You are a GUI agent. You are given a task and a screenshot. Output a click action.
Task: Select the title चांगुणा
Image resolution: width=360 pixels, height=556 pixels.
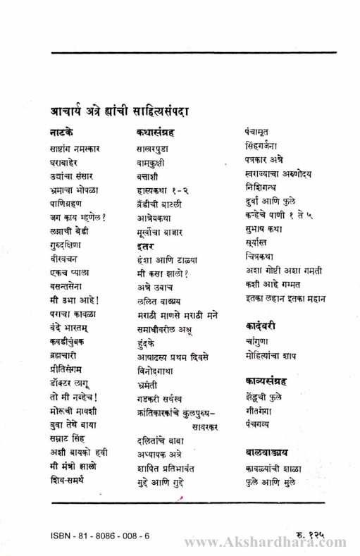click(251, 342)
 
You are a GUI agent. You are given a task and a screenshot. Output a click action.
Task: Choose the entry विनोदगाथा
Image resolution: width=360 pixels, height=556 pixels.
click(156, 370)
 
